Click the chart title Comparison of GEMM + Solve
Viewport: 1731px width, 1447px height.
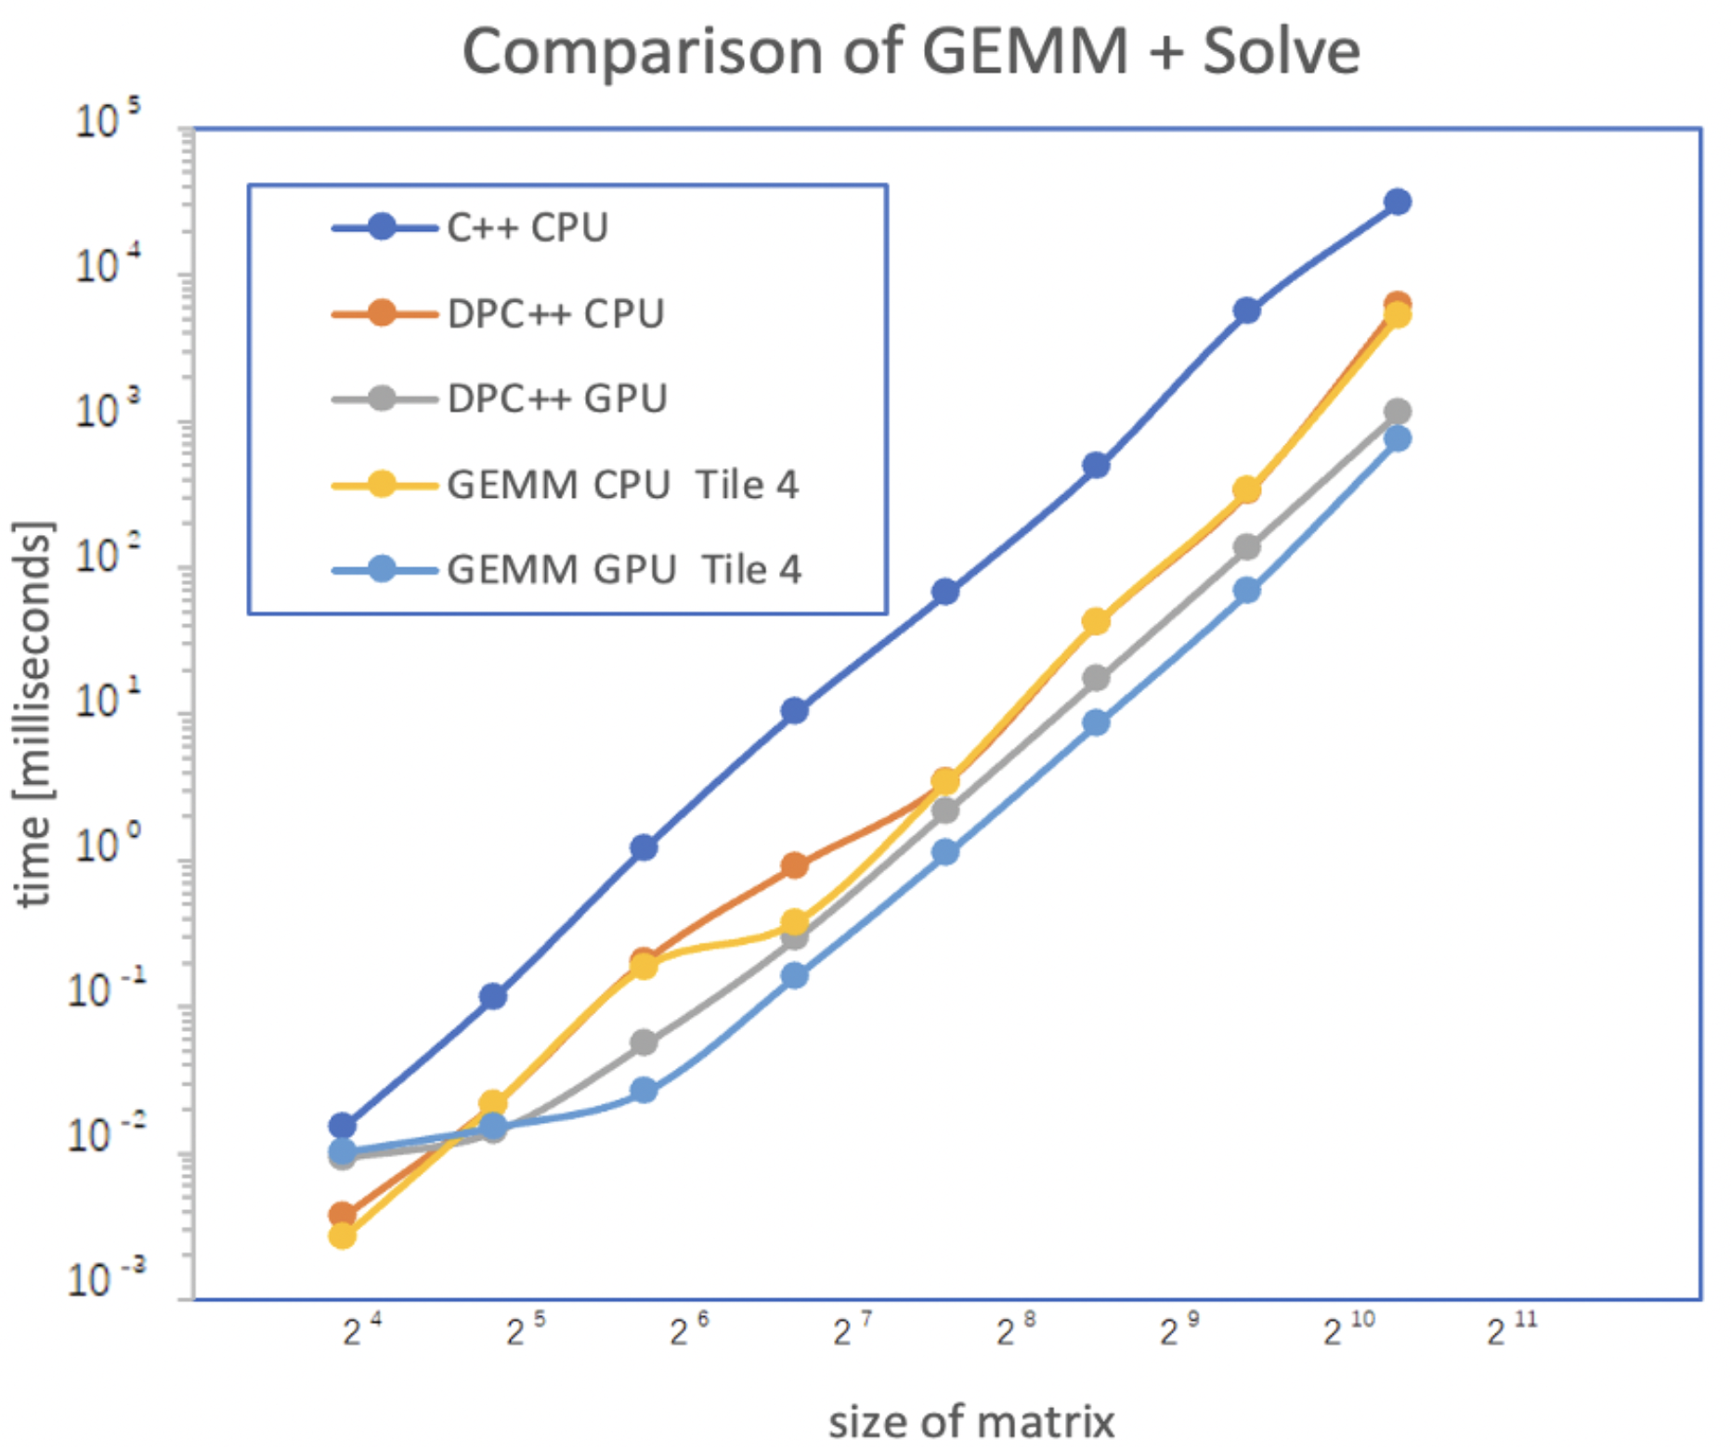pyautogui.click(x=910, y=51)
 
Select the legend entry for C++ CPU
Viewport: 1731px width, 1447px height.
pyautogui.click(x=527, y=228)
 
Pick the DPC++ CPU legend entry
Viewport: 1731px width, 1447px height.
pyautogui.click(x=555, y=314)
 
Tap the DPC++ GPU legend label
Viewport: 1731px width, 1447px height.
pyautogui.click(x=556, y=398)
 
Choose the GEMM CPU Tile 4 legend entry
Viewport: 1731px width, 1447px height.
pyautogui.click(x=622, y=485)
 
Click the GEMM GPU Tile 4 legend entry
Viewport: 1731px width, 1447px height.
pyautogui.click(x=624, y=569)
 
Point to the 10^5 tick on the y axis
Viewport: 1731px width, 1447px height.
pyautogui.click(x=107, y=121)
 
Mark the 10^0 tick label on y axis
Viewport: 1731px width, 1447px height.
pyautogui.click(x=107, y=845)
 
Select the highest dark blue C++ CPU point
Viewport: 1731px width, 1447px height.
pyautogui.click(x=1397, y=202)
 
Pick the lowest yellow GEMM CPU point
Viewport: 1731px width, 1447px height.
pyautogui.click(x=342, y=1235)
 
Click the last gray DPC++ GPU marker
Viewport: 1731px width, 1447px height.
pyautogui.click(x=1397, y=411)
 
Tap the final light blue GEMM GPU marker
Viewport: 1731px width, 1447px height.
pyautogui.click(x=1397, y=438)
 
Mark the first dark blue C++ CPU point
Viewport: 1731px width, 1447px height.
pyautogui.click(x=342, y=1126)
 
